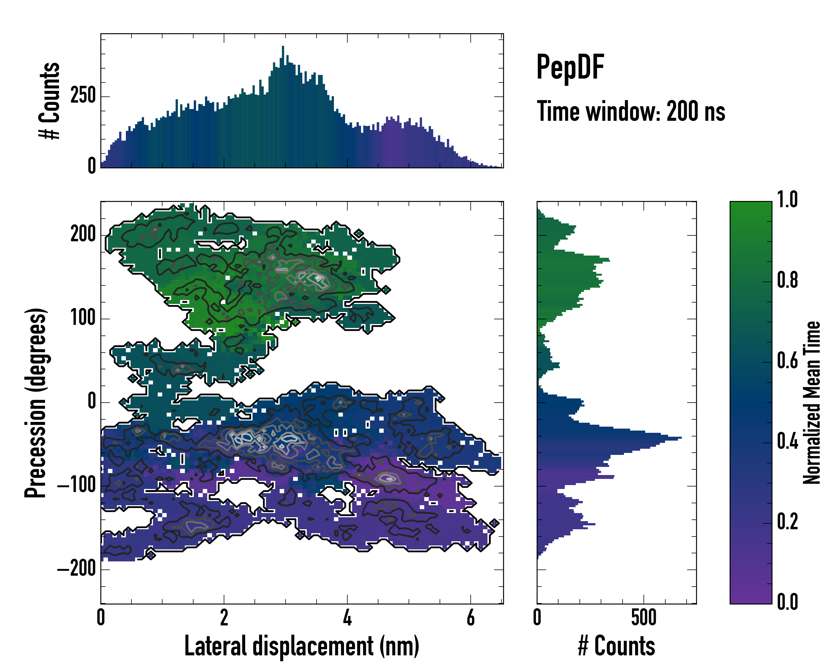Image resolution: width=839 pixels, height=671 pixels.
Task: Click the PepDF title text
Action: (570, 68)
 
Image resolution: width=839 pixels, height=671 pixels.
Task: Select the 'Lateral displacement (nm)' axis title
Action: (301, 646)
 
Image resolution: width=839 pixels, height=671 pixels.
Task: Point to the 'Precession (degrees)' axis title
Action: (36, 403)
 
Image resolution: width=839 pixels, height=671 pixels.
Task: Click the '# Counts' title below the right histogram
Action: (616, 646)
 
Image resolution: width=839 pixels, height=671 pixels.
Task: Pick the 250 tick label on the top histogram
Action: (83, 96)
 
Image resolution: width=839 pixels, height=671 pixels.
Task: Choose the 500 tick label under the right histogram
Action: (644, 618)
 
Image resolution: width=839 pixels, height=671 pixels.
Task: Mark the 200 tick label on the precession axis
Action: (83, 235)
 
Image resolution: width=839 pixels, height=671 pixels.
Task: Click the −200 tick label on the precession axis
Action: (76, 569)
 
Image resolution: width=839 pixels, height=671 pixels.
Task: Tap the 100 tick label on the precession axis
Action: (83, 318)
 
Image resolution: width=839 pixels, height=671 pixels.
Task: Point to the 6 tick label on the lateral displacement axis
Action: (470, 618)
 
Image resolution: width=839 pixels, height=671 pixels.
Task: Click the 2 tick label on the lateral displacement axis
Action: (224, 618)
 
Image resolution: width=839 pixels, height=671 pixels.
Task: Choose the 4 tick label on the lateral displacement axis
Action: (347, 618)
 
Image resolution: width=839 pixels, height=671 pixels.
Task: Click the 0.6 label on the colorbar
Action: (787, 361)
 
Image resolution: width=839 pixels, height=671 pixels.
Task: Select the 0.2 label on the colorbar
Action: (787, 522)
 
